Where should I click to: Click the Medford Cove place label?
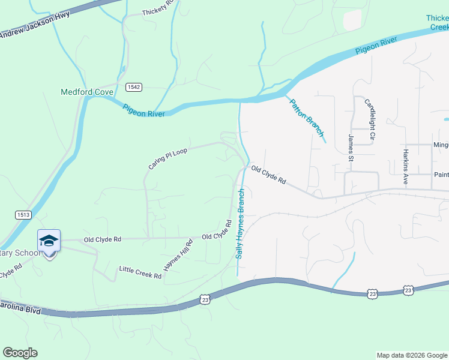pyautogui.click(x=87, y=92)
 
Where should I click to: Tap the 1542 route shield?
pyautogui.click(x=134, y=87)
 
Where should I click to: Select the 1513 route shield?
pyautogui.click(x=23, y=214)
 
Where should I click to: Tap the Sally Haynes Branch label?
pyautogui.click(x=240, y=224)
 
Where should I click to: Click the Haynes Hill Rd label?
pyautogui.click(x=179, y=254)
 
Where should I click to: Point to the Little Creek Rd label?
pyautogui.click(x=140, y=272)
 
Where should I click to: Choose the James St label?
pyautogui.click(x=351, y=148)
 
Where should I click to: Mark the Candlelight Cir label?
pyautogui.click(x=370, y=119)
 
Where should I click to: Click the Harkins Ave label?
pyautogui.click(x=406, y=167)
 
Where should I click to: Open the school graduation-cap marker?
pyautogui.click(x=49, y=242)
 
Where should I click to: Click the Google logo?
pyautogui.click(x=20, y=353)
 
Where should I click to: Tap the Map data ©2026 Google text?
pyautogui.click(x=411, y=355)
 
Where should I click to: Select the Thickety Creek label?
pyautogui.click(x=437, y=23)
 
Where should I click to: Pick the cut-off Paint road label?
pyautogui.click(x=441, y=175)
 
